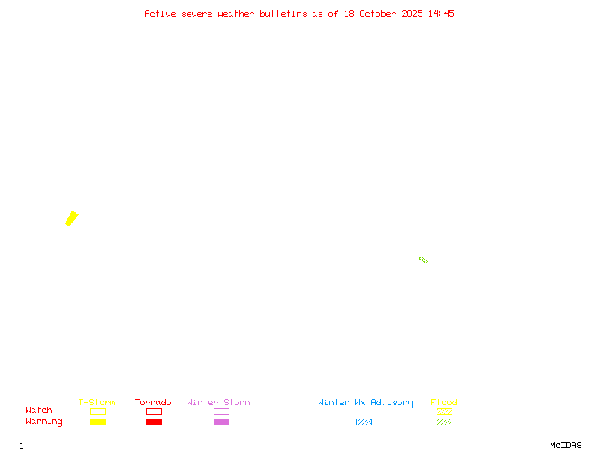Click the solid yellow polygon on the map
[72, 218]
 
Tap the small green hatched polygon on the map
[423, 259]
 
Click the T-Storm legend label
[97, 403]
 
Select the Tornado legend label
[153, 403]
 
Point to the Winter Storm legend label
[218, 403]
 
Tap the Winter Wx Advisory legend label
[365, 403]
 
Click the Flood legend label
[444, 403]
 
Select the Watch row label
[39, 410]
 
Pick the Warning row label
[44, 421]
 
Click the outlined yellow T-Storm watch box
[97, 411]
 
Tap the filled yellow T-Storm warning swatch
[97, 421]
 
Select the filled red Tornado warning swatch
[154, 421]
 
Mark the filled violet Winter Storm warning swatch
[221, 421]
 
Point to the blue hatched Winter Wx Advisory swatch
[364, 421]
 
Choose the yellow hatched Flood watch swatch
[444, 411]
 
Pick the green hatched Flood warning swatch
[444, 421]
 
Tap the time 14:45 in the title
[441, 13]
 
